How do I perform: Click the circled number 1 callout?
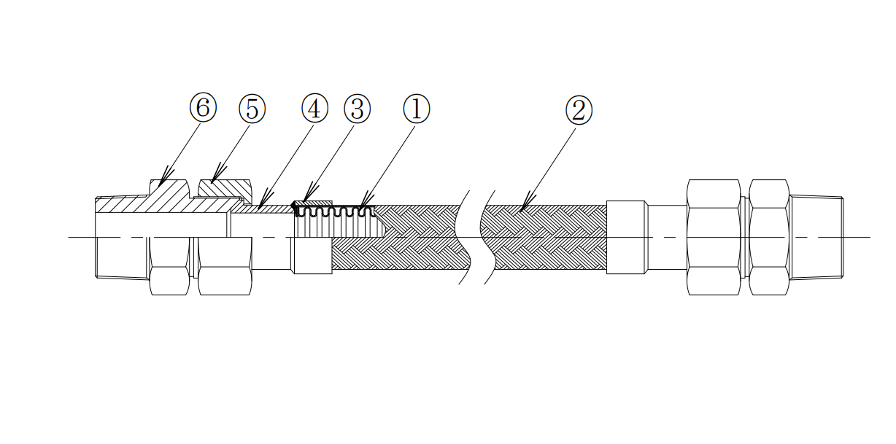(417, 109)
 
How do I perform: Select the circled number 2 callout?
(579, 111)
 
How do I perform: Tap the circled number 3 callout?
(357, 109)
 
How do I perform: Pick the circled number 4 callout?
(314, 109)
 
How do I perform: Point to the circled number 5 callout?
(252, 109)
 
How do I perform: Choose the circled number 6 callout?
(203, 109)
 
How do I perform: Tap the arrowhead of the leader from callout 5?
(212, 182)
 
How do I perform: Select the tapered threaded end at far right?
(816, 237)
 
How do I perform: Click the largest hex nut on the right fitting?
(714, 237)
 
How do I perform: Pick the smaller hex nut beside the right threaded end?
(769, 237)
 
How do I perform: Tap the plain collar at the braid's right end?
(626, 237)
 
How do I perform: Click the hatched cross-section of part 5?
(225, 188)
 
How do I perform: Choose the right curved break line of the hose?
(487, 237)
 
